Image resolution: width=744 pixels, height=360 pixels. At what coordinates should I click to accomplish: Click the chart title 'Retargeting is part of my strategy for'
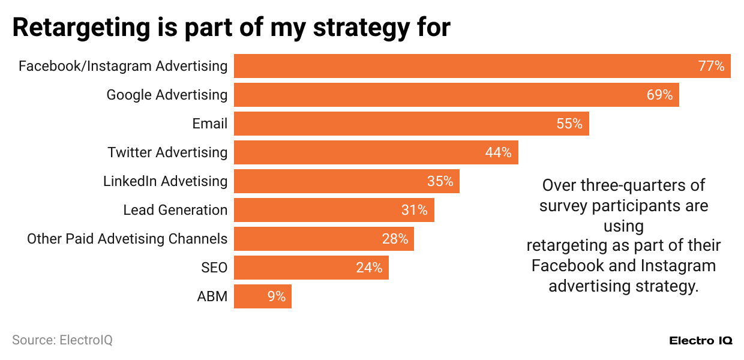[231, 28]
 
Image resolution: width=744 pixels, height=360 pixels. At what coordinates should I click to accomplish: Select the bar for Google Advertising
[456, 95]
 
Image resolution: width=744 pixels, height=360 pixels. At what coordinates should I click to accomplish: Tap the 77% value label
[711, 66]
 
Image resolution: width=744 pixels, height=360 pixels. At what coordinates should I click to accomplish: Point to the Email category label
[209, 124]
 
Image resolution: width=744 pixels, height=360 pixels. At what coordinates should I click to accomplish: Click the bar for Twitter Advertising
[376, 152]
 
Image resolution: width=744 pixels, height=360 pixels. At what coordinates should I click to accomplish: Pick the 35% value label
[440, 181]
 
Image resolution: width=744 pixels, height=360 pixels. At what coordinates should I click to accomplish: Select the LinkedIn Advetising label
[165, 181]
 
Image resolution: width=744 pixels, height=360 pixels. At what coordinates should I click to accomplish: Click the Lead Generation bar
[334, 210]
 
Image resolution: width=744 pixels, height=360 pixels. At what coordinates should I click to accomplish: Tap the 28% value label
[395, 239]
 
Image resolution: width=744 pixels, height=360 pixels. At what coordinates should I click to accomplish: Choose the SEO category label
[214, 268]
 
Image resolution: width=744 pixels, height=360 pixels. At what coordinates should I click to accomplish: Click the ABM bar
[262, 296]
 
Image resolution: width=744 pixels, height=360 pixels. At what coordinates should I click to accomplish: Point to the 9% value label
[276, 296]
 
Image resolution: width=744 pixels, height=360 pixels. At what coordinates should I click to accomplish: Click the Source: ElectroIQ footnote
[62, 340]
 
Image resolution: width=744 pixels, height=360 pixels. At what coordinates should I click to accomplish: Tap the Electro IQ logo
[700, 340]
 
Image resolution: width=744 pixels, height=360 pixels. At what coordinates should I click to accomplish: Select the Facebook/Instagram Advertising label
[123, 66]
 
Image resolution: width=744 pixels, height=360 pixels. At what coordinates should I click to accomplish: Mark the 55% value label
[569, 124]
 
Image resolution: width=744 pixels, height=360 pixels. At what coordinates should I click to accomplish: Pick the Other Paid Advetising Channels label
[127, 239]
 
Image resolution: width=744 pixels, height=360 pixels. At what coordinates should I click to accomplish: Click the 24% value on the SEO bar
[369, 268]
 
